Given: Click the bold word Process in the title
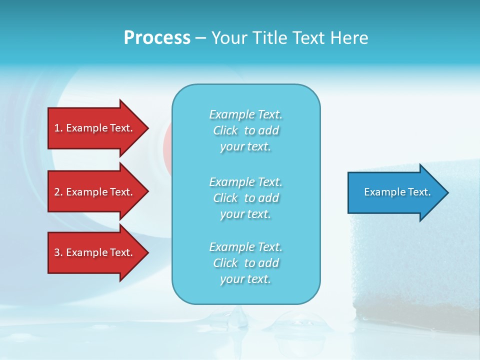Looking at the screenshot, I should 157,38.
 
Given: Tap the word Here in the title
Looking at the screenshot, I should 349,38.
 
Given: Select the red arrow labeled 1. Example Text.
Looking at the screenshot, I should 95,128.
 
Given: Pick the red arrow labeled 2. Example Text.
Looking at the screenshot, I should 95,192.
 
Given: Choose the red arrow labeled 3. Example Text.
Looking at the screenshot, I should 95,252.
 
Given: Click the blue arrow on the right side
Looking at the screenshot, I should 395,192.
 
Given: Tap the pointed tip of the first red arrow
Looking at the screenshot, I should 147,128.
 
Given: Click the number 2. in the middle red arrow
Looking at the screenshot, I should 58,192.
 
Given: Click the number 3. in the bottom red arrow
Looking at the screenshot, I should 58,252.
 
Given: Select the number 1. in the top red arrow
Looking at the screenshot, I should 58,128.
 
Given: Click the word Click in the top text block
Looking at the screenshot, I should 225,130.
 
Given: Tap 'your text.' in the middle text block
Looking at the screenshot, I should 245,214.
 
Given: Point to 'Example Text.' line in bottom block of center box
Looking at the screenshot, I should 245,247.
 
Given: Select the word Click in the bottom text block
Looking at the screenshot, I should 225,263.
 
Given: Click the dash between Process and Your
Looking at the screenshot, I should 200,38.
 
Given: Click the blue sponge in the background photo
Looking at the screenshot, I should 415,260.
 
